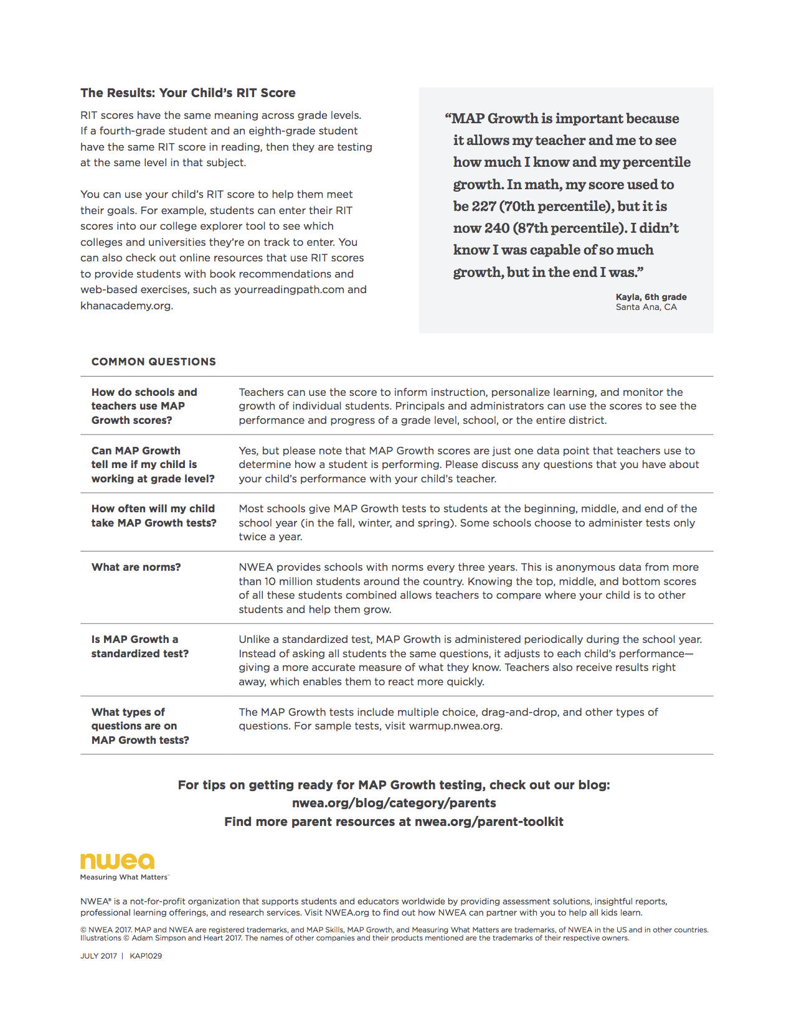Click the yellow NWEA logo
(117, 861)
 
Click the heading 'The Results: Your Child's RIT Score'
(187, 93)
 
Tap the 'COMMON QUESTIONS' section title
(153, 362)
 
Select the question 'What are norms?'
(136, 567)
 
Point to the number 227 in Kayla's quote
(484, 206)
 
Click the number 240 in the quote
(497, 228)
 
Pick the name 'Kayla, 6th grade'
(651, 297)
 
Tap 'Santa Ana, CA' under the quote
(646, 307)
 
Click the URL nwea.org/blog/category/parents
(394, 803)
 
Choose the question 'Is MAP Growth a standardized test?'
(139, 646)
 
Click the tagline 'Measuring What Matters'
(123, 877)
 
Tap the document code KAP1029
(146, 955)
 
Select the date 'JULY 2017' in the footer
(98, 955)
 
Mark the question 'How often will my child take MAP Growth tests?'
(153, 515)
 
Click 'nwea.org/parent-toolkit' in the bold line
(489, 822)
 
